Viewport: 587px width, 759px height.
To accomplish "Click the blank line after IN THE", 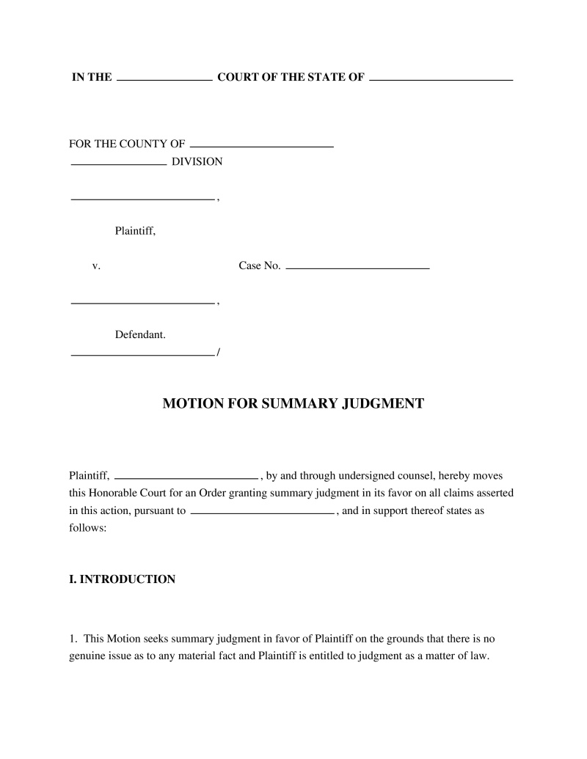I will coord(164,78).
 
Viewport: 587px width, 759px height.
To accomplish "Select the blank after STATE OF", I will coord(441,78).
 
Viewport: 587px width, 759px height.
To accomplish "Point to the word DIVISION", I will coord(197,161).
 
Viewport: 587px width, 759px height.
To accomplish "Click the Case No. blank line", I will coord(357,269).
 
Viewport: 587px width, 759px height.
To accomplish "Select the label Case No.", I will coord(260,265).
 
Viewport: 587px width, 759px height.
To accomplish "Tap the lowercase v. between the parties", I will coord(95,265).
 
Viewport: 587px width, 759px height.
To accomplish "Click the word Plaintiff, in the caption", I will coord(135,232).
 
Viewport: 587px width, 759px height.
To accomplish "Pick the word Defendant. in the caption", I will coord(140,335).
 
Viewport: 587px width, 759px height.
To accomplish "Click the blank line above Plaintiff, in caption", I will coord(142,199).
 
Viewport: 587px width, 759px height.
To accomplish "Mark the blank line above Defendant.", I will coord(142,303).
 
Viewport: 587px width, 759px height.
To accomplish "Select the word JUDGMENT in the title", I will coord(383,403).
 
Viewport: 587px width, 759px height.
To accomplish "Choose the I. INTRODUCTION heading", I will coord(122,579).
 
